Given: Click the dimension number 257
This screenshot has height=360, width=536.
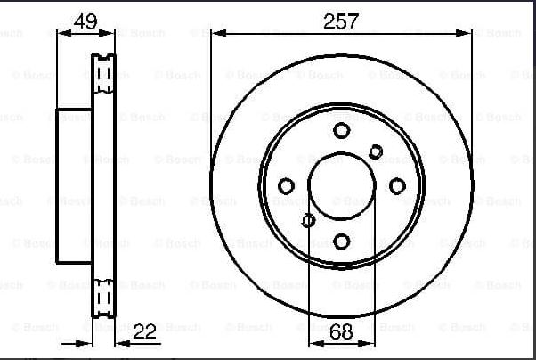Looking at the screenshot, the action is click(x=341, y=21).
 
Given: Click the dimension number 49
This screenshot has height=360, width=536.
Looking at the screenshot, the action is click(x=85, y=21).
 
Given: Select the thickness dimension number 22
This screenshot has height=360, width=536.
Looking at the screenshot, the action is click(x=144, y=331).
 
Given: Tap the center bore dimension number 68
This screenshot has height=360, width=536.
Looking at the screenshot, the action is click(x=342, y=331).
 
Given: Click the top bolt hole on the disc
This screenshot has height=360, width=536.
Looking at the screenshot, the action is click(x=342, y=130).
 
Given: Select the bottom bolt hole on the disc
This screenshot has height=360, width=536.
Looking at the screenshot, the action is click(x=342, y=241).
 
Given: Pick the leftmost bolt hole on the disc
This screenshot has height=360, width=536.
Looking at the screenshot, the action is click(x=286, y=186).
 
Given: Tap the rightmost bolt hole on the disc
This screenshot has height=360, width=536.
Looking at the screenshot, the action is click(x=397, y=186).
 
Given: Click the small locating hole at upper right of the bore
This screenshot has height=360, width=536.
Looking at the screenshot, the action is click(x=376, y=151).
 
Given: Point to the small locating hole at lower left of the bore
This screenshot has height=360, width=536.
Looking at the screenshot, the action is click(x=308, y=220).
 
